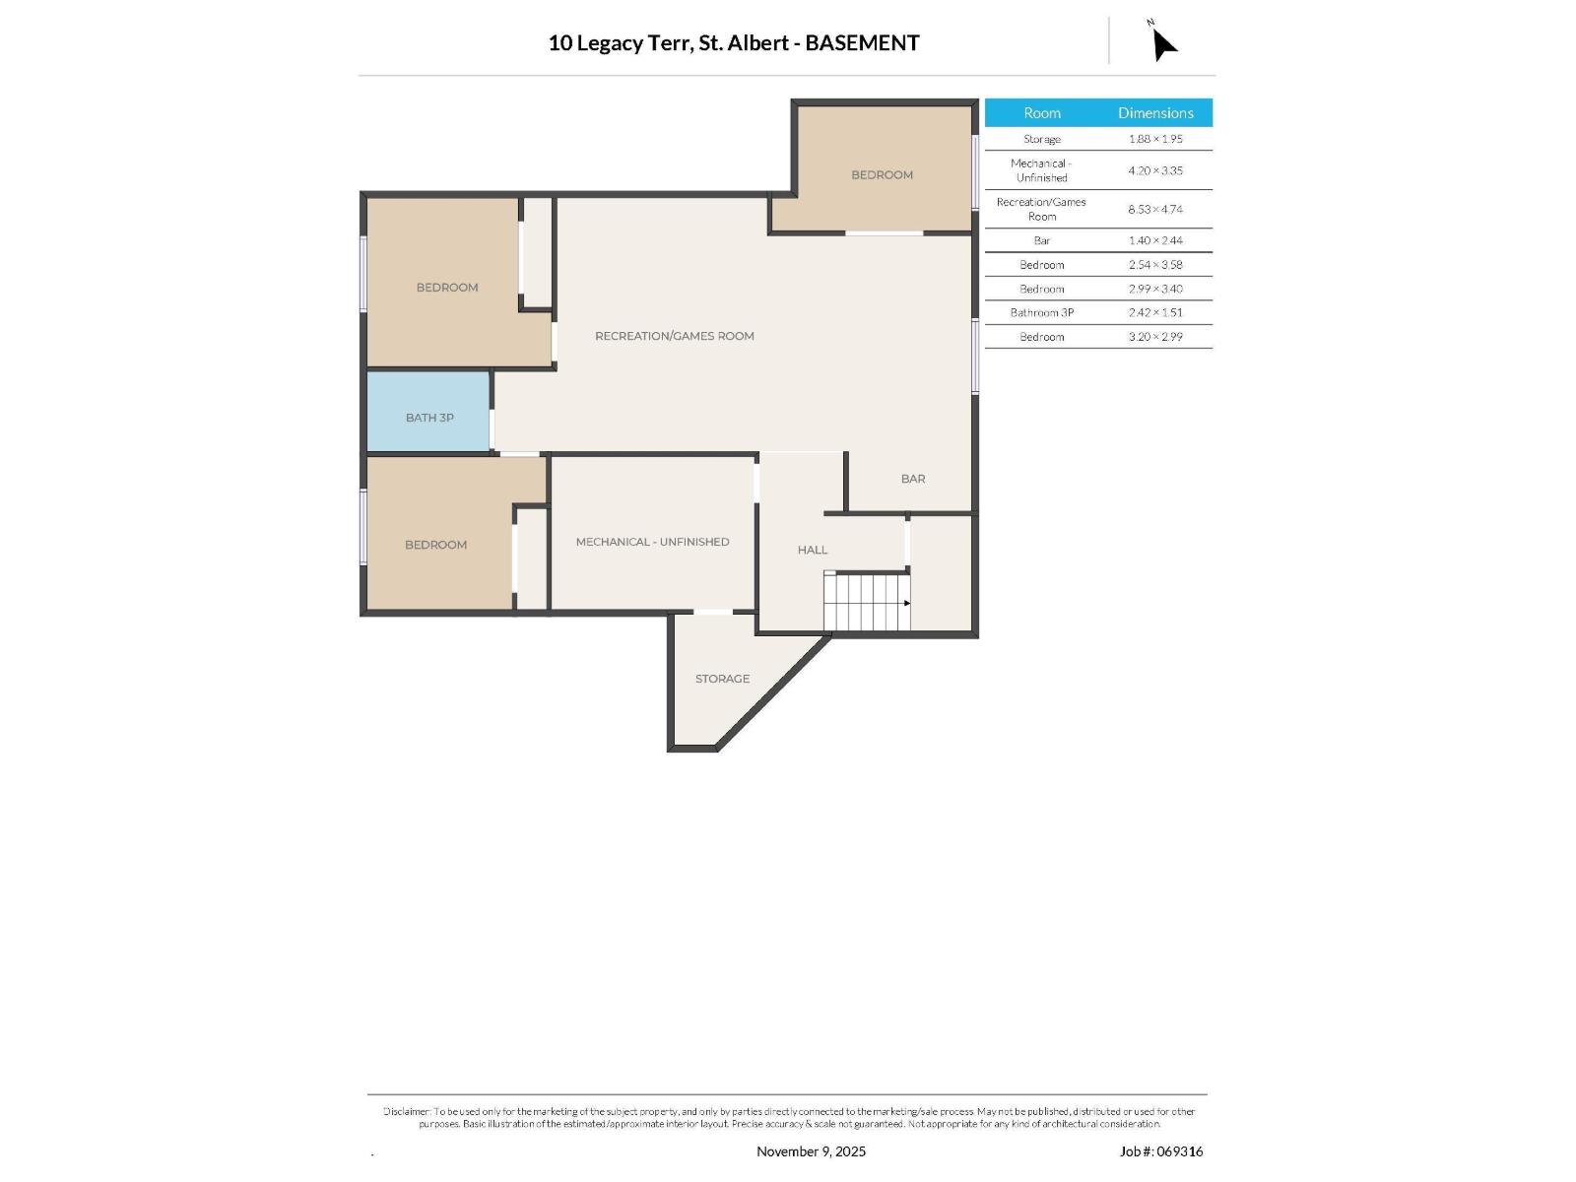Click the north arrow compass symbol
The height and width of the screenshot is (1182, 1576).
[x=1162, y=42]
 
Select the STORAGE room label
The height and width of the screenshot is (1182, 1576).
[x=722, y=679]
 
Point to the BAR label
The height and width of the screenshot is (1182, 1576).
[x=913, y=479]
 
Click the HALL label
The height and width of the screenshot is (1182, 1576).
[x=813, y=550]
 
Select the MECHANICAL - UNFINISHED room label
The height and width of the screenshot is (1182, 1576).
[x=652, y=542]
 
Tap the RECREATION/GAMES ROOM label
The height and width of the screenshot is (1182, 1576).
[x=675, y=336]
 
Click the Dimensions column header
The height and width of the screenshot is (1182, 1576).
[x=1155, y=113]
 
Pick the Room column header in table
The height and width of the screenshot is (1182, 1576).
[x=1042, y=113]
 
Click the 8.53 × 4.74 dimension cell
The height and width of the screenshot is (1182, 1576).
[x=1155, y=209]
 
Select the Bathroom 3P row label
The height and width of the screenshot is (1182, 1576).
[x=1042, y=312]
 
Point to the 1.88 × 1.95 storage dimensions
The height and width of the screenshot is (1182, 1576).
[x=1155, y=139]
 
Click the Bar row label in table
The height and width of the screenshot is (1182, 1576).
[x=1042, y=240]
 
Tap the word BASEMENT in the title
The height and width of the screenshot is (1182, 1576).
[x=862, y=42]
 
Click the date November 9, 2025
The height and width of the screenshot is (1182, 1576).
[x=811, y=1150]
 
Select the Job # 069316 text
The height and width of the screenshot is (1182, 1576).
[x=1161, y=1150]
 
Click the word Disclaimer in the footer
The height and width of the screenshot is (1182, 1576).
[x=407, y=1111]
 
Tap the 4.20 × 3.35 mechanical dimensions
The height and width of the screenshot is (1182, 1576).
[x=1155, y=170]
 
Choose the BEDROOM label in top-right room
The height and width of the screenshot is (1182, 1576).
[x=882, y=174]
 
